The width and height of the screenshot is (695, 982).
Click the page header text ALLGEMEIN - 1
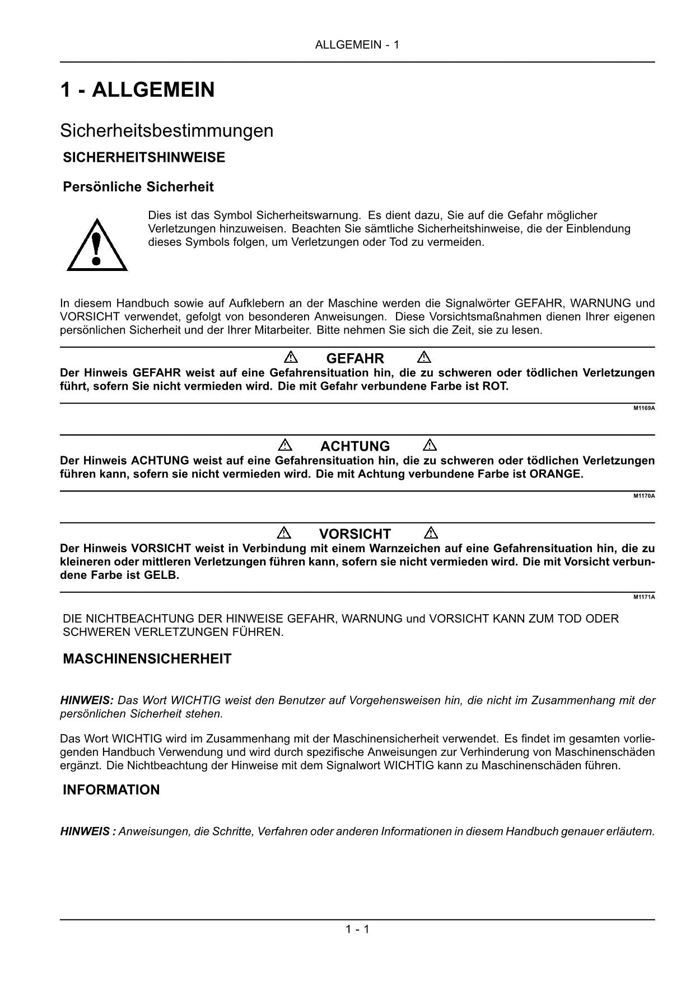click(x=357, y=45)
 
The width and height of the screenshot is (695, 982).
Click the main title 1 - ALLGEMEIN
click(x=137, y=90)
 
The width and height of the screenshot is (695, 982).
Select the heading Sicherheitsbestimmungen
click(x=167, y=130)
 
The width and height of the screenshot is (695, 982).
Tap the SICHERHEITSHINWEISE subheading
click(x=144, y=157)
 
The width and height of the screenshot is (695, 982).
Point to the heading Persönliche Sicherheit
click(x=138, y=186)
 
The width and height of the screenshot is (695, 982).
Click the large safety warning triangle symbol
click(x=97, y=246)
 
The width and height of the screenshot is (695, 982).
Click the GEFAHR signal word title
click(x=355, y=358)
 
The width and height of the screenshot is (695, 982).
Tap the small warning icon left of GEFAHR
click(x=291, y=357)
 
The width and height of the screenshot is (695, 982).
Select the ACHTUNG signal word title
click(x=355, y=446)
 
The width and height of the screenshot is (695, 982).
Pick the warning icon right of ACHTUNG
click(x=430, y=445)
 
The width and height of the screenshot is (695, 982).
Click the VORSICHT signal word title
click(x=355, y=534)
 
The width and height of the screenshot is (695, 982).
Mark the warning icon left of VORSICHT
click(x=284, y=532)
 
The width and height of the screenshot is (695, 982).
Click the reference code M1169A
click(x=644, y=408)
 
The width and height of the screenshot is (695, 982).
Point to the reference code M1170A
click(x=644, y=496)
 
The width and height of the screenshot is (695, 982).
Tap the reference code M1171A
click(x=644, y=597)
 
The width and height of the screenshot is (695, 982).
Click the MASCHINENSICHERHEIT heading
click(x=147, y=659)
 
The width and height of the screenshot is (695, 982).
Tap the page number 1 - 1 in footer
click(x=357, y=930)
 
